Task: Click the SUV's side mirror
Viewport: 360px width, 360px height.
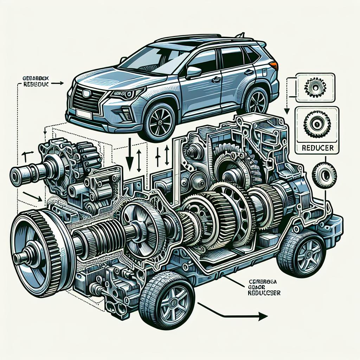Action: tap(193, 72)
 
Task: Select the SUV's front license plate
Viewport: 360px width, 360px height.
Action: tap(83, 113)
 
